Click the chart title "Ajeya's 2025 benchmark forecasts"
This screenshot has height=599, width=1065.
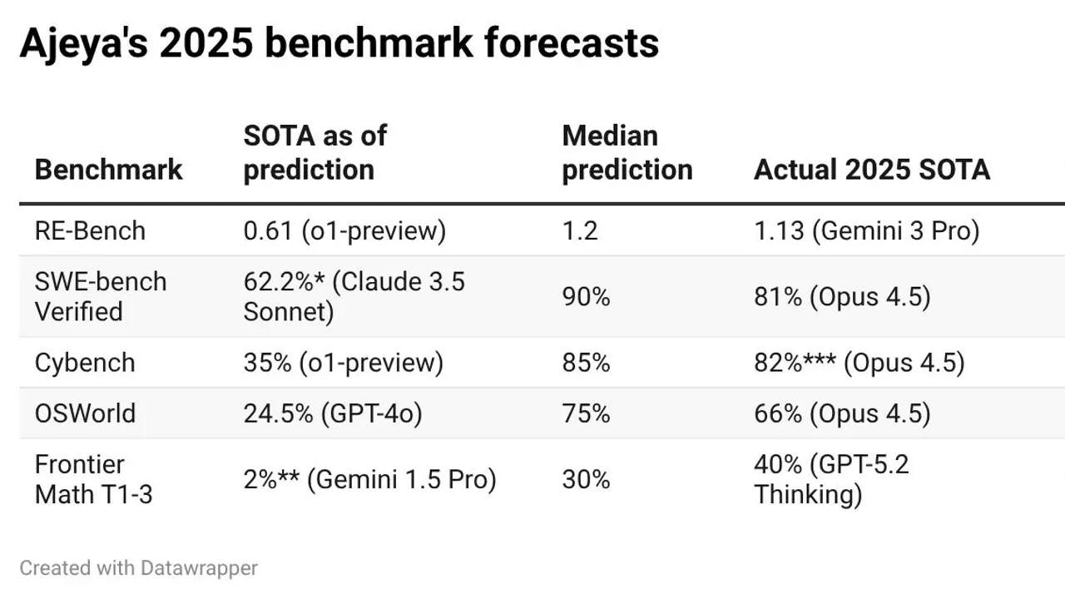[339, 44]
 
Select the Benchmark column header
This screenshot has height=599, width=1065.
[108, 170]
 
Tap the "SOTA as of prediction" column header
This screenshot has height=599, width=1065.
[315, 152]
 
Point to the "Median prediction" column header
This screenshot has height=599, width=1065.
[627, 152]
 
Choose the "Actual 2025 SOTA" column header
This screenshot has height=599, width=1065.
[872, 170]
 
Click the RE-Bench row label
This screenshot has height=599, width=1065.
[90, 231]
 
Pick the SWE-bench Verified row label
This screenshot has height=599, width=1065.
[101, 297]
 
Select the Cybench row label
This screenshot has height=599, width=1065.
[85, 363]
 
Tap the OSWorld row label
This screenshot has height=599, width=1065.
[85, 413]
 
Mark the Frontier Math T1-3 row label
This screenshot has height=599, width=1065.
[93, 479]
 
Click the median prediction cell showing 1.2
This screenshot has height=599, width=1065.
[580, 231]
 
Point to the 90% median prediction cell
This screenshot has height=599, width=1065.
[586, 297]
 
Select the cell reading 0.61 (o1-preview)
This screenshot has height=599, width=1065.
[344, 231]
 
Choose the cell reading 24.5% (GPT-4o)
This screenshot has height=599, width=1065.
[333, 413]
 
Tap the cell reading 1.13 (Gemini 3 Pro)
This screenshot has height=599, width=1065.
[867, 231]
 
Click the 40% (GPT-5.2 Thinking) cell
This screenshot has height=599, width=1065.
[831, 479]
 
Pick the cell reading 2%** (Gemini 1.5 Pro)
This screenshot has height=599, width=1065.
[370, 479]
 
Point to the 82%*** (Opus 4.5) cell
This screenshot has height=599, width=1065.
[859, 363]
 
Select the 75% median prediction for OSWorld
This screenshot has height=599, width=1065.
[586, 413]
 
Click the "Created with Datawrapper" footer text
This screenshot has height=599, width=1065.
[138, 568]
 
